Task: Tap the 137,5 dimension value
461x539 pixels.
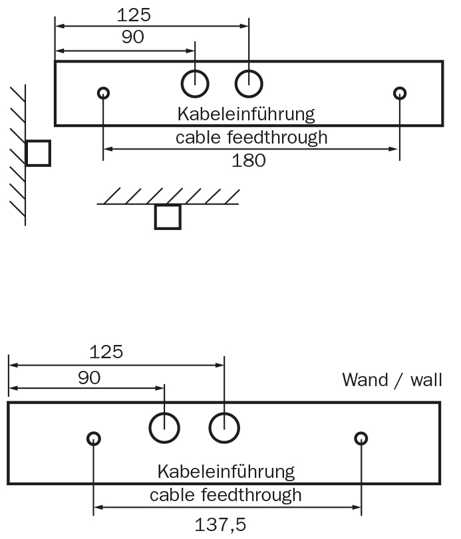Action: tap(220, 524)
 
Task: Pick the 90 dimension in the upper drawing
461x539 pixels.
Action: tap(133, 37)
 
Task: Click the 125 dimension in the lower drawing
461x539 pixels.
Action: tap(106, 352)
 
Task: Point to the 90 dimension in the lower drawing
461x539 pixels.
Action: tap(88, 377)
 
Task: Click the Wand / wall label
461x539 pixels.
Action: tap(392, 379)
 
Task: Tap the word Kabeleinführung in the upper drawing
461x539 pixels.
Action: tap(245, 114)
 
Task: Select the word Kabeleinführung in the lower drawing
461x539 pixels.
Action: tap(226, 472)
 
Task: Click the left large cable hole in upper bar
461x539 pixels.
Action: tap(196, 84)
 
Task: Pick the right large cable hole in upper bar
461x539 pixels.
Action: tap(249, 84)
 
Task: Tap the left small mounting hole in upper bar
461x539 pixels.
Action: tap(103, 92)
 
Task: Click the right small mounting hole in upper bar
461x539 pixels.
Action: tap(399, 92)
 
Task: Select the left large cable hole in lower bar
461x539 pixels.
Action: tap(164, 427)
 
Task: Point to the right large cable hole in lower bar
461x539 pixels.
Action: tap(224, 427)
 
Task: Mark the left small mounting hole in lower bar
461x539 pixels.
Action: tap(94, 438)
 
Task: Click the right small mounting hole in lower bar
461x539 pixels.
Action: tap(361, 438)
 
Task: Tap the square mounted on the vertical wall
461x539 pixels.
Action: tap(38, 153)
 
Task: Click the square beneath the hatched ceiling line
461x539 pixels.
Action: tap(168, 217)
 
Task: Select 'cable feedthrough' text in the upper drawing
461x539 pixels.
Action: tap(251, 138)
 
